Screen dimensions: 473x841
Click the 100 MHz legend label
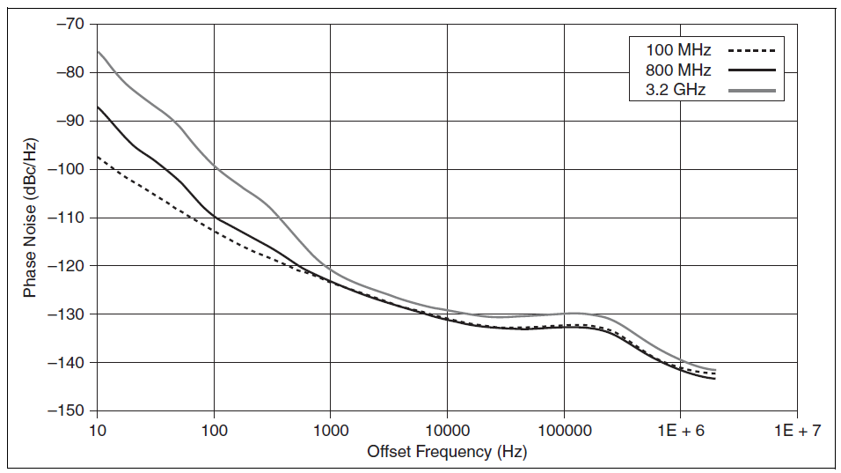[678, 50]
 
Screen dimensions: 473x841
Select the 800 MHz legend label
[678, 70]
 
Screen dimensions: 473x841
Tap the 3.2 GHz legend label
[676, 89]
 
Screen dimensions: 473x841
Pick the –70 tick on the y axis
[69, 24]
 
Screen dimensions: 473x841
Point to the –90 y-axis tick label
[69, 121]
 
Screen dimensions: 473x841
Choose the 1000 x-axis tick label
[330, 431]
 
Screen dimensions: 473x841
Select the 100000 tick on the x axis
[564, 431]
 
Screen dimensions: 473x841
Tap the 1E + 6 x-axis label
[680, 431]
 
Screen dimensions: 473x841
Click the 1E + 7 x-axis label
[797, 431]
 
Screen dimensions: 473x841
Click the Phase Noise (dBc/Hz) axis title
[30, 218]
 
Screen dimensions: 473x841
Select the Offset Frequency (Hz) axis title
[447, 452]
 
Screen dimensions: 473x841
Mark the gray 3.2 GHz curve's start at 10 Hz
[98, 51]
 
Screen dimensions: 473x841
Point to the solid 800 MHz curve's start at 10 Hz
[98, 107]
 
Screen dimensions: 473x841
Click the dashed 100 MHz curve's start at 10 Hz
[98, 157]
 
